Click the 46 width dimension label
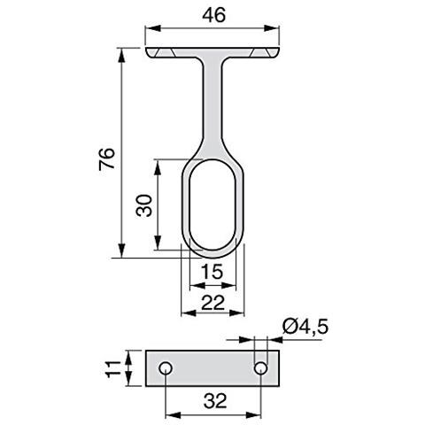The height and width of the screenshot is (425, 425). [214, 15]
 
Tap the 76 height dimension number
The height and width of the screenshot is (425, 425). [107, 159]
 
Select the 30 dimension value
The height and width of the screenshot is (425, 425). [144, 205]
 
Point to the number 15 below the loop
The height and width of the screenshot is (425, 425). [212, 272]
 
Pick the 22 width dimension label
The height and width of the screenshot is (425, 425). [212, 303]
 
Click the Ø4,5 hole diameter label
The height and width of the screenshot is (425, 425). [305, 327]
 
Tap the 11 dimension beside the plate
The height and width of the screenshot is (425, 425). [113, 368]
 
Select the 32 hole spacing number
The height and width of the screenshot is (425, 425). [215, 401]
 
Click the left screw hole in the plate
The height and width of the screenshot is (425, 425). [166, 368]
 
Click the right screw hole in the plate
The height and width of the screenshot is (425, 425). [261, 368]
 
